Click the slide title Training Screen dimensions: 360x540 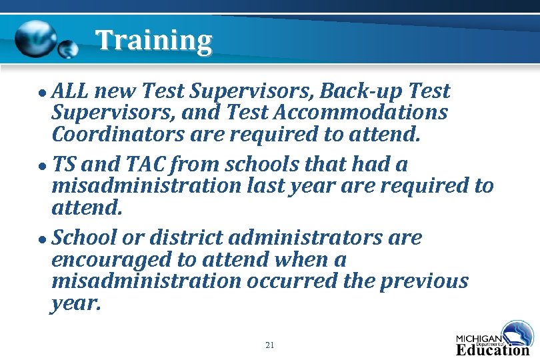coord(153,41)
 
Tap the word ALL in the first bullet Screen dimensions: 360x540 coord(73,91)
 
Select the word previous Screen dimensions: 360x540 coord(424,281)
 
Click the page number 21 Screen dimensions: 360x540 coord(269,345)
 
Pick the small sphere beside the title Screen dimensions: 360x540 coord(68,48)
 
